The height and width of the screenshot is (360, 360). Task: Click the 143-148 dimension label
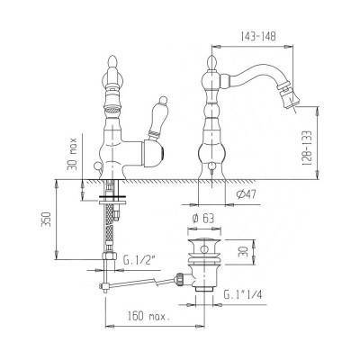tap(257, 36)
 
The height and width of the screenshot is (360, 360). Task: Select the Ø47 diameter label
tap(246, 195)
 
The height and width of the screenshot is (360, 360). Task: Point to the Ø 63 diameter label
tap(203, 219)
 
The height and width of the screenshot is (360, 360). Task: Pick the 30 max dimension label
tap(72, 154)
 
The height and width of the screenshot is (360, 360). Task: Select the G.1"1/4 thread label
tap(243, 295)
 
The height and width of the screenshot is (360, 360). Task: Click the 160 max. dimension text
tap(148, 316)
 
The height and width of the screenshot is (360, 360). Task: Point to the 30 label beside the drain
tap(242, 252)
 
